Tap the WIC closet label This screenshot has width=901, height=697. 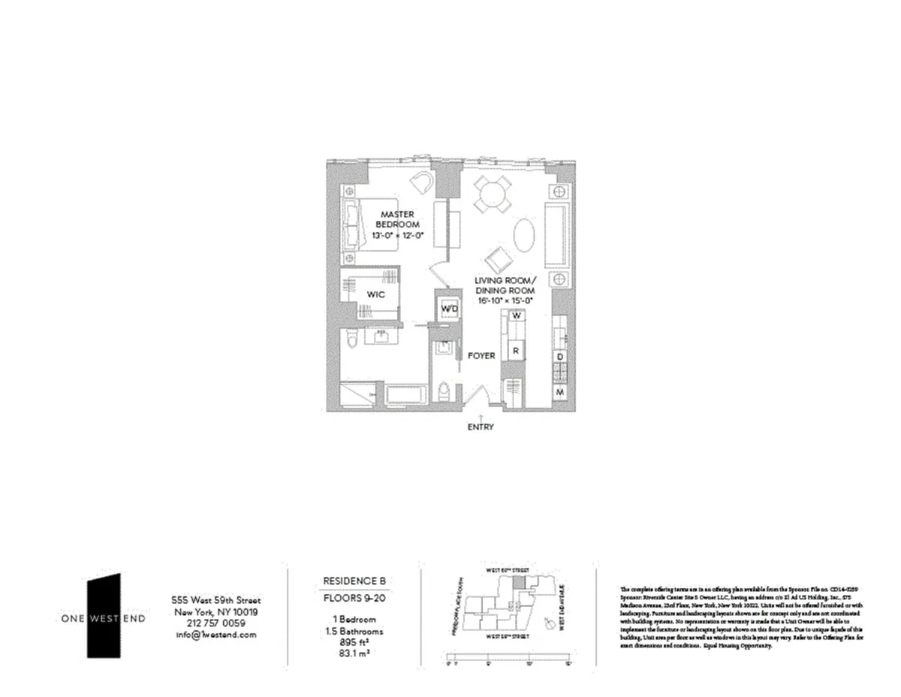[376, 294]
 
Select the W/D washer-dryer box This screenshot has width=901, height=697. [448, 309]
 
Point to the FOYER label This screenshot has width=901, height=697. [481, 355]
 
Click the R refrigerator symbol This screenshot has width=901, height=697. [516, 350]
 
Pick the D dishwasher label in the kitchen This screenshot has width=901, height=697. [560, 357]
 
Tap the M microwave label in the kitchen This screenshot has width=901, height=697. [560, 393]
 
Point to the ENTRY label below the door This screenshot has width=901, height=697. [481, 427]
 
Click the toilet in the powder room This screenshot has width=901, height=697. [444, 392]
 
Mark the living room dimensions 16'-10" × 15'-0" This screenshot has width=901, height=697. [504, 300]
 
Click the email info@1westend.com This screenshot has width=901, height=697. [215, 635]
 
